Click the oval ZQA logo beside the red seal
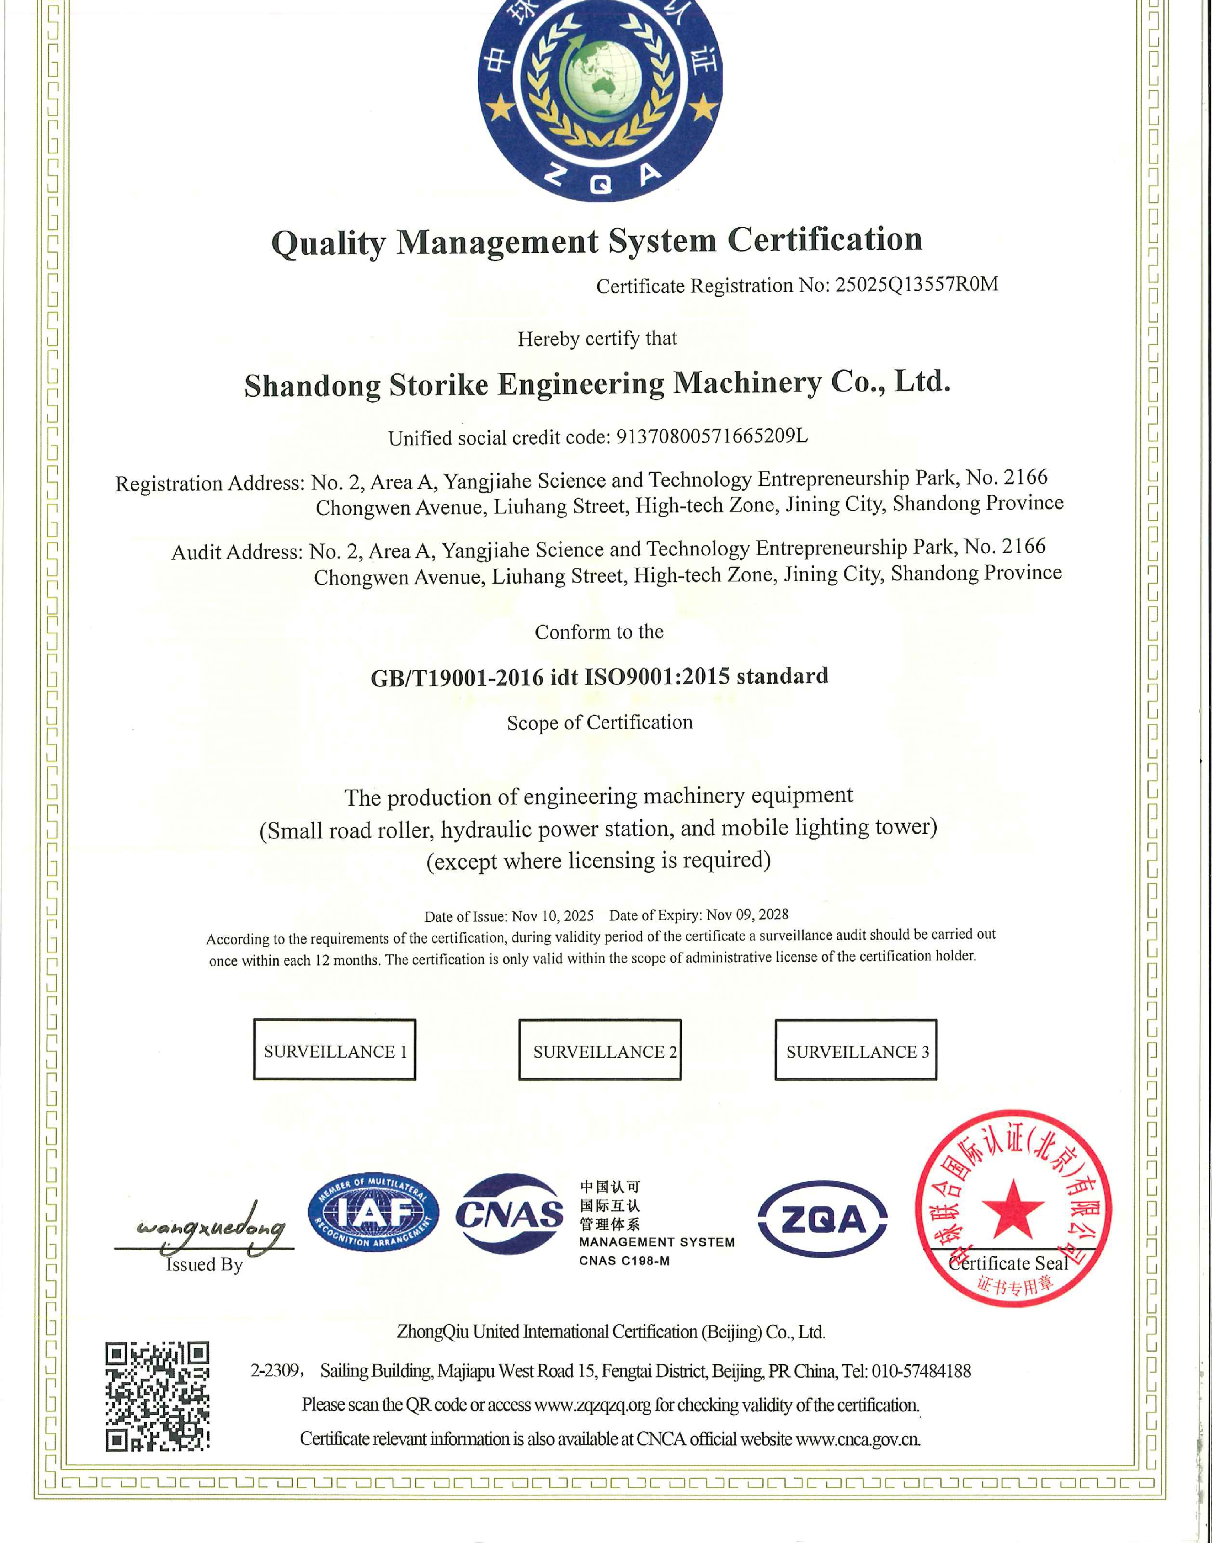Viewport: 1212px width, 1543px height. (x=822, y=1219)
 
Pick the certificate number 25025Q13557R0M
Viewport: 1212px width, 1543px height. (x=917, y=285)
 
